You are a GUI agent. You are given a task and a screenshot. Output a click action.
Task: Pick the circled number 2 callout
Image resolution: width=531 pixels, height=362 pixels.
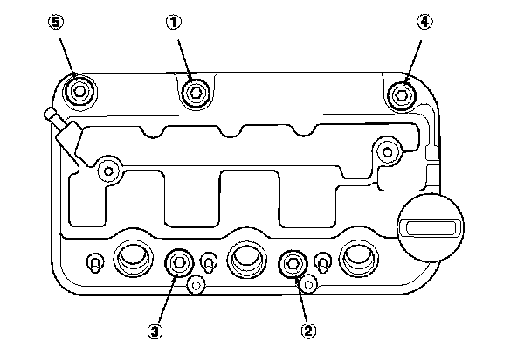(x=307, y=331)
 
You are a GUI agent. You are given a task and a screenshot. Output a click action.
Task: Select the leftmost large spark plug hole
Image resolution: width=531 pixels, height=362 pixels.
(x=131, y=258)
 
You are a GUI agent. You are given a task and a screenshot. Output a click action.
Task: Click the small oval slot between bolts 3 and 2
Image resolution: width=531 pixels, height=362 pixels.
(x=209, y=261)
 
